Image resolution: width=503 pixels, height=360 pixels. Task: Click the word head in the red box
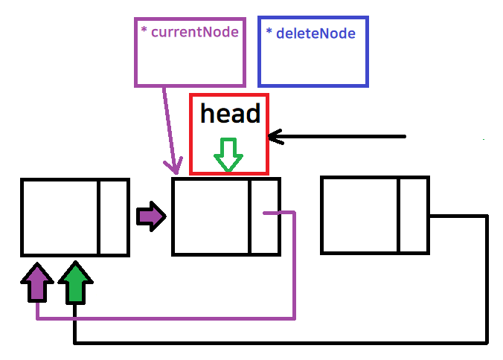coord(230,114)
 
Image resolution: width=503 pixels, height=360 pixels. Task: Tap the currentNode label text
coord(194,33)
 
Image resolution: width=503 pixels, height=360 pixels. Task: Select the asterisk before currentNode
coord(144,31)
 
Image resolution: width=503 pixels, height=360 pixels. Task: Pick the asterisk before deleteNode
coord(269,32)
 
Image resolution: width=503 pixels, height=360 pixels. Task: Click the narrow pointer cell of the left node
coord(113,216)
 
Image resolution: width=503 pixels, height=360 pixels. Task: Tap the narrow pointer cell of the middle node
coord(264,216)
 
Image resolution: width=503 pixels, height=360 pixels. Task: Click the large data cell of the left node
coord(60,216)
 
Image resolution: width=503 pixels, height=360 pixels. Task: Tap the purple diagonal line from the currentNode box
coord(170,126)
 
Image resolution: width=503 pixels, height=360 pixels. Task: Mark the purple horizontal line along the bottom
coord(164,319)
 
